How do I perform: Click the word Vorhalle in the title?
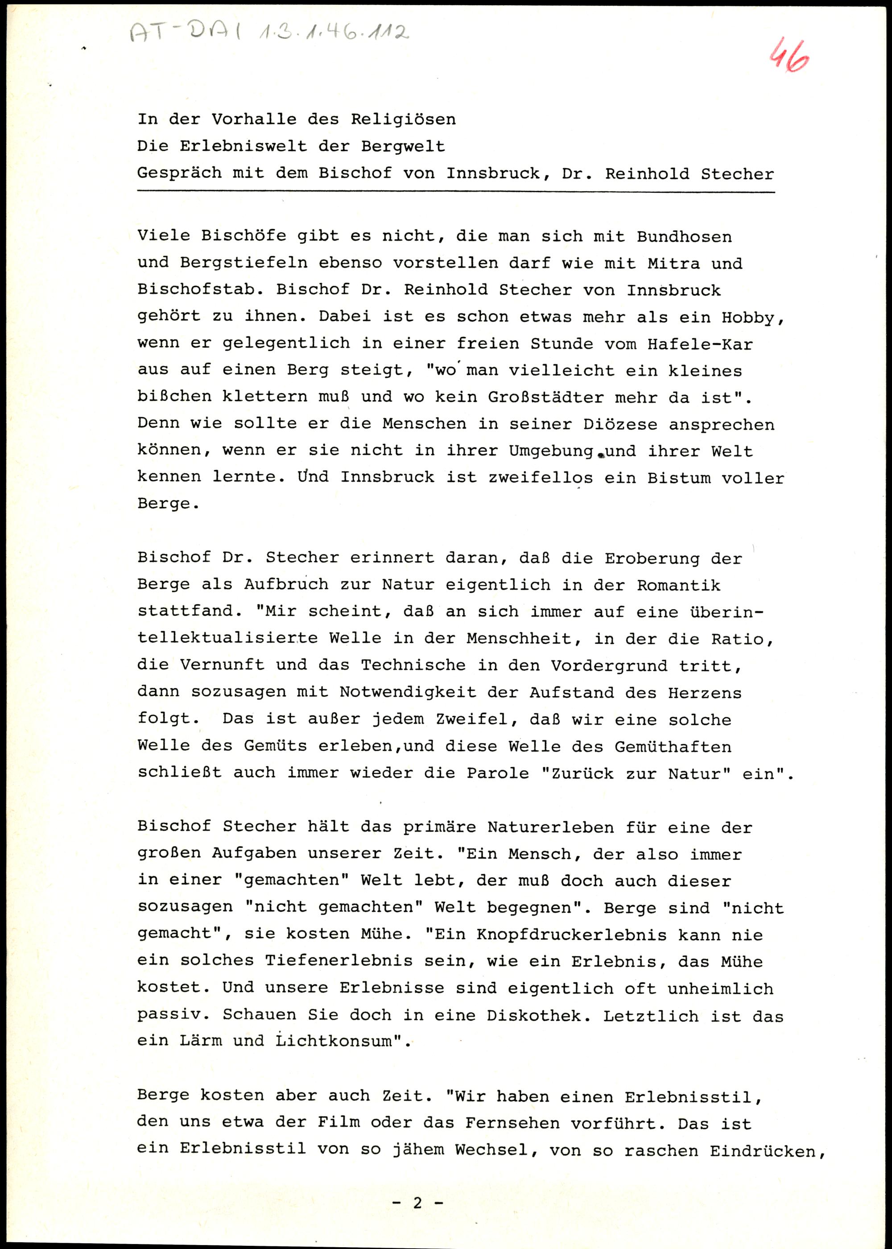pos(254,119)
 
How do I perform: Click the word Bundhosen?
pos(684,237)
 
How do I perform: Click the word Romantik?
pos(678,585)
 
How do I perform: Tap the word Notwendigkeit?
pos(408,692)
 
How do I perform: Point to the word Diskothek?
pos(533,1016)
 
